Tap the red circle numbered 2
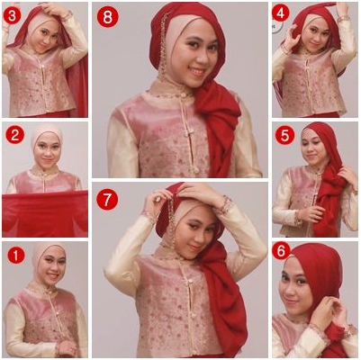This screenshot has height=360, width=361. [x=14, y=135]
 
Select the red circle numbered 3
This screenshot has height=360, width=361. [x=12, y=15]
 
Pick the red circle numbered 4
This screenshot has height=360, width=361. [x=281, y=13]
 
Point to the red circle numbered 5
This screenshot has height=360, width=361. [x=284, y=135]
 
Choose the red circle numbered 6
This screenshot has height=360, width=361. [x=281, y=251]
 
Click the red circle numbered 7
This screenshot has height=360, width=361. [x=107, y=199]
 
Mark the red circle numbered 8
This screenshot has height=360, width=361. [x=107, y=17]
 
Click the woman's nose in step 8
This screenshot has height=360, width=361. [x=198, y=58]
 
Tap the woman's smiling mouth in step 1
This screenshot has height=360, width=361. [x=52, y=274]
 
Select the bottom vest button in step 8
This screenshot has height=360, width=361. [x=196, y=171]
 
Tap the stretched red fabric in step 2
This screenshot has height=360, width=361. [x=45, y=213]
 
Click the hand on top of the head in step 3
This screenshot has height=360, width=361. [x=56, y=8]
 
